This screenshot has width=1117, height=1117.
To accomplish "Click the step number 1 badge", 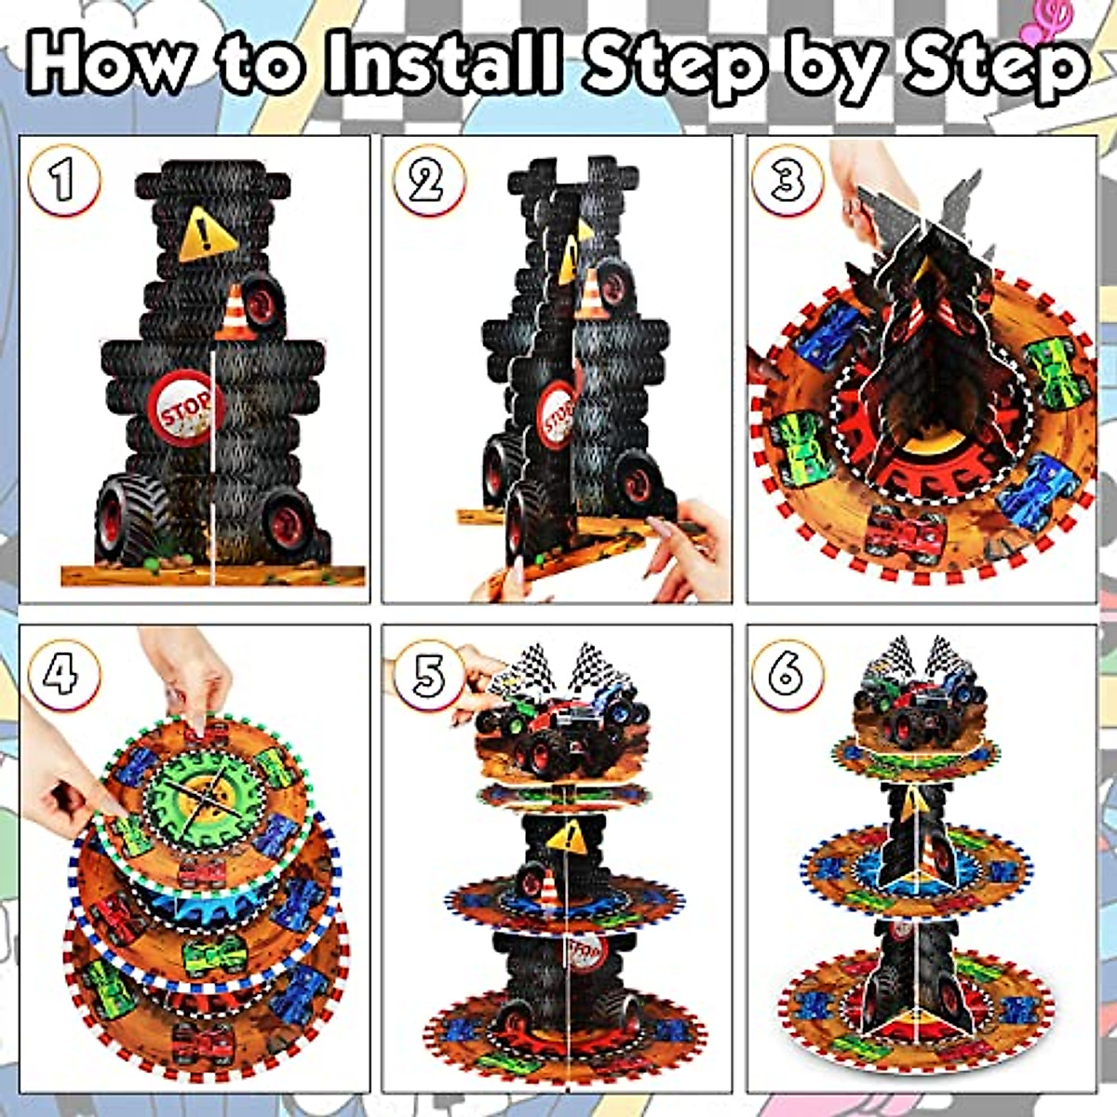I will click(x=63, y=181).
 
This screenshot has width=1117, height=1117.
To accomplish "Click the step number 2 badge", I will click(x=428, y=181).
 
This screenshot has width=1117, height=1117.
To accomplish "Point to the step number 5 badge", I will click(x=428, y=674).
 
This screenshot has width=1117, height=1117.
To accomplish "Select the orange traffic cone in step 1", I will click(x=233, y=313).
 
